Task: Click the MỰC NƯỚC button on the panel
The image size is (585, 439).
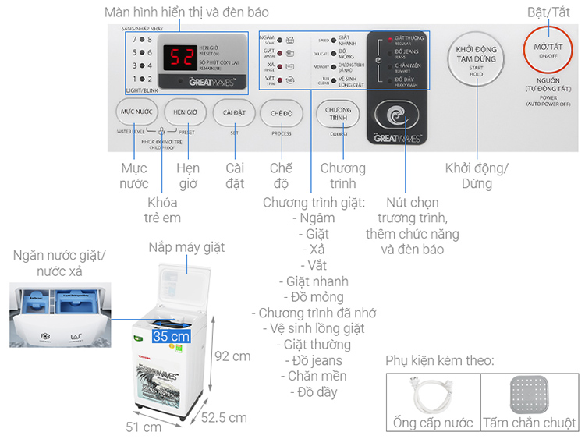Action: pyautogui.click(x=136, y=113)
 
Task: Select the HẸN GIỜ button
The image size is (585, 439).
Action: pyautogui.click(x=185, y=113)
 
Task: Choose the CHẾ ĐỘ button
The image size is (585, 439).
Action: pyautogui.click(x=281, y=113)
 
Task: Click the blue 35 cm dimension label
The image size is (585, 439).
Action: pyautogui.click(x=171, y=337)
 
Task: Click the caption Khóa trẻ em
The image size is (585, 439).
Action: pyautogui.click(x=162, y=210)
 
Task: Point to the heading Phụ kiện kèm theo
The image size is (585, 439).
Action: pyautogui.click(x=439, y=361)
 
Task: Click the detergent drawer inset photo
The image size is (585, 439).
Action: pyautogui.click(x=58, y=315)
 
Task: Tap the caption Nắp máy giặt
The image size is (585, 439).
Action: pyautogui.click(x=186, y=248)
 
